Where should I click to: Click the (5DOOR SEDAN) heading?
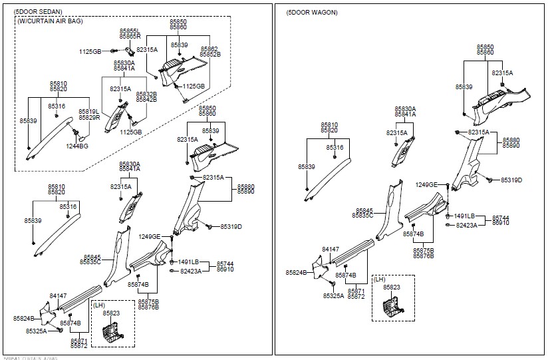click(x=38, y=12)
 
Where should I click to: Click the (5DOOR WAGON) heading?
click(x=312, y=12)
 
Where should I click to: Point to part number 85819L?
click(x=88, y=111)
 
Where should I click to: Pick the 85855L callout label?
click(x=130, y=31)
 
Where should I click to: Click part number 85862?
click(x=209, y=49)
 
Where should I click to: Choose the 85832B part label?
click(x=146, y=94)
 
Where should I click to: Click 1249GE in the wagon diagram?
click(x=426, y=184)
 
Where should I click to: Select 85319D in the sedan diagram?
click(x=231, y=226)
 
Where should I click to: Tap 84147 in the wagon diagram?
click(x=331, y=249)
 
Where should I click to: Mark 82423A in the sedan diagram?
click(x=191, y=271)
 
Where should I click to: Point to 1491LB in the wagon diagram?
click(x=464, y=216)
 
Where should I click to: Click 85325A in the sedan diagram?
click(x=37, y=331)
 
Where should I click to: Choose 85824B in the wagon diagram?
click(x=297, y=273)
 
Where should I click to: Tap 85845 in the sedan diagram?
click(x=92, y=256)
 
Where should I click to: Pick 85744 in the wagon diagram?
click(x=501, y=218)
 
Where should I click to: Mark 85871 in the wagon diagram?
click(x=356, y=291)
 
